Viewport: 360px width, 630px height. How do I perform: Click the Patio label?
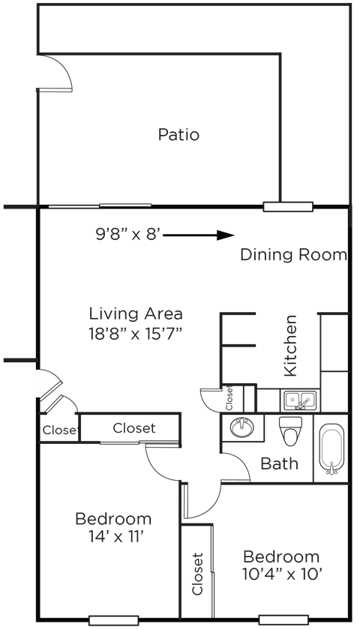[179, 136]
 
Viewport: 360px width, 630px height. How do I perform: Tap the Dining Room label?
[293, 255]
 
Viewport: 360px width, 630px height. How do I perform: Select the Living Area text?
[136, 313]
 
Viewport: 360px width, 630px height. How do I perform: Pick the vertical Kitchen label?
[289, 346]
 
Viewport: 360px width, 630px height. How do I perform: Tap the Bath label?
[279, 463]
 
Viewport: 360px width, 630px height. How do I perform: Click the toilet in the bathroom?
[289, 433]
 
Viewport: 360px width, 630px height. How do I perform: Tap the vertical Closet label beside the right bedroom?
[198, 574]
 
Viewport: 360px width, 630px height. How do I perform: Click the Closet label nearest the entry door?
[59, 430]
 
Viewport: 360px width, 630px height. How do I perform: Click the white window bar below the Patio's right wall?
[287, 205]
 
